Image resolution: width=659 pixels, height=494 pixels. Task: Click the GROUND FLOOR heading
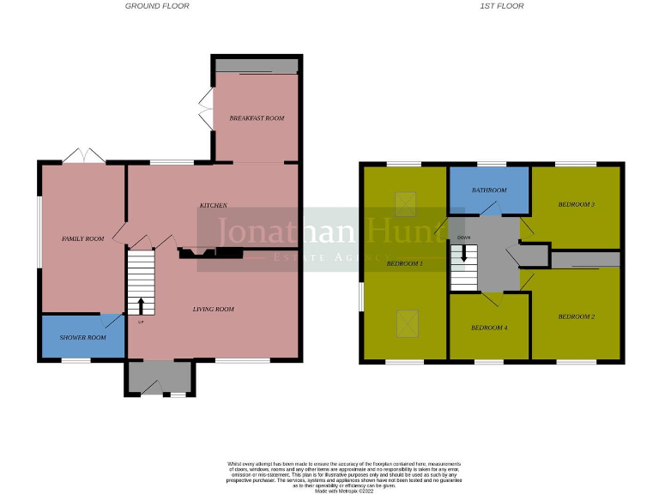click(x=157, y=6)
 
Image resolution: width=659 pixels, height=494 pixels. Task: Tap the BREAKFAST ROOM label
click(x=257, y=118)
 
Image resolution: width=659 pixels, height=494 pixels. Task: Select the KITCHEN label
click(x=213, y=206)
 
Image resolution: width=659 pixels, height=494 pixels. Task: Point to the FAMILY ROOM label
click(x=82, y=238)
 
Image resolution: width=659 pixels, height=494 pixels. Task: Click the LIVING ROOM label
click(x=213, y=310)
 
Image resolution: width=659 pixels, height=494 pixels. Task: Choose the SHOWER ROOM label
click(x=83, y=338)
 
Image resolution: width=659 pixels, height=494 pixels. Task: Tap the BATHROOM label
click(x=489, y=190)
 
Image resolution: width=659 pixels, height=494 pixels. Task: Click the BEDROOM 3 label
click(x=576, y=205)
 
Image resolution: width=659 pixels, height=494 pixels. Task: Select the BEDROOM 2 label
click(x=576, y=317)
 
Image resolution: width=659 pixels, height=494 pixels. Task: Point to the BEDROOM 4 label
click(x=489, y=328)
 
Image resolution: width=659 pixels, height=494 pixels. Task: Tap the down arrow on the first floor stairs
click(x=464, y=253)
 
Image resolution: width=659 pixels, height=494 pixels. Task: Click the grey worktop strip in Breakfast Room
click(x=257, y=66)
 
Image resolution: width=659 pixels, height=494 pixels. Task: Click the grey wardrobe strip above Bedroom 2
click(x=584, y=259)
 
